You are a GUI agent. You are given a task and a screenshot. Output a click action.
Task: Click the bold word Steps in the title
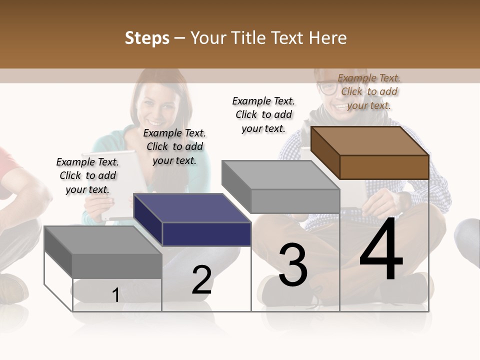click(147, 38)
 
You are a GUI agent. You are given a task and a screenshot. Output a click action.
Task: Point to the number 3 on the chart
click(293, 265)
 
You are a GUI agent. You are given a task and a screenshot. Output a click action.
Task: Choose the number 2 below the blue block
click(201, 279)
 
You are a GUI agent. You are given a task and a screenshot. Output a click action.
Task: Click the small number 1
click(115, 295)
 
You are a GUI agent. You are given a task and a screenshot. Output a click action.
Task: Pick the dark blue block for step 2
click(192, 220)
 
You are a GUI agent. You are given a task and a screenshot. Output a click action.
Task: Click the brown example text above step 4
click(369, 91)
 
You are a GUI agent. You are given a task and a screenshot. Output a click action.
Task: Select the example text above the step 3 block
click(263, 114)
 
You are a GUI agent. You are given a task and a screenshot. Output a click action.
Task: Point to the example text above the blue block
click(174, 146)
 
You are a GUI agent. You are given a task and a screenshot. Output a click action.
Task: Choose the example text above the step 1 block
click(87, 175)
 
